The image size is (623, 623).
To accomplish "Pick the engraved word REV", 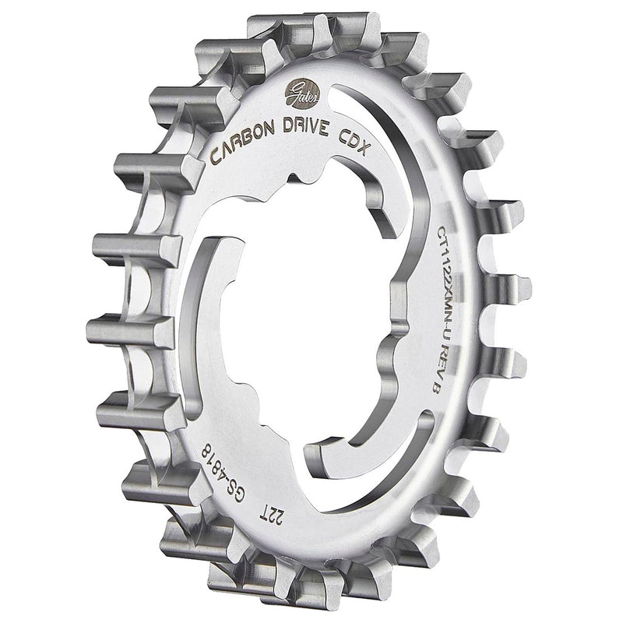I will [434, 355].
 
